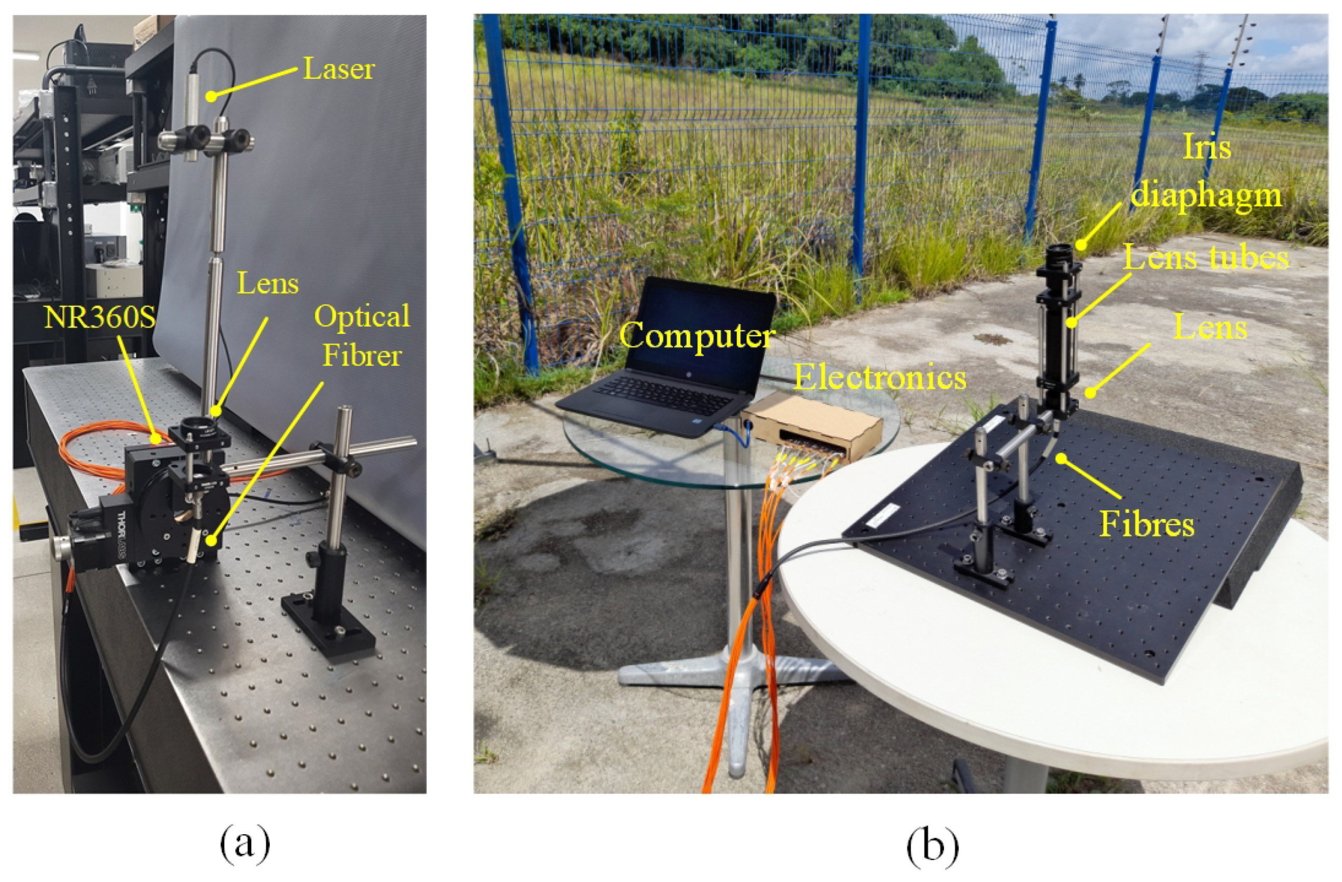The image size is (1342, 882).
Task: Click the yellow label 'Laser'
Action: pyautogui.click(x=338, y=70)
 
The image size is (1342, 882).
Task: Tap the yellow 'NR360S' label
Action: pyautogui.click(x=100, y=318)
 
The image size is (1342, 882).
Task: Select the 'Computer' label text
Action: pyautogui.click(x=697, y=335)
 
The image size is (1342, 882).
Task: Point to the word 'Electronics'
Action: pyautogui.click(x=880, y=377)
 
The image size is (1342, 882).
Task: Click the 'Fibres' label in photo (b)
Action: pyautogui.click(x=1147, y=524)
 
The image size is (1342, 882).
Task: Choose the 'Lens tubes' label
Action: pyautogui.click(x=1206, y=257)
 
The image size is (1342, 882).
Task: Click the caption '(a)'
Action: pyautogui.click(x=245, y=844)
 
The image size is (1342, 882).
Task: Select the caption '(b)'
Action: pyautogui.click(x=933, y=844)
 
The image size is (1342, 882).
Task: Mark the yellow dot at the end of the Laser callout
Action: pyautogui.click(x=210, y=97)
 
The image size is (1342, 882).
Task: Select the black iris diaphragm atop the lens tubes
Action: pyautogui.click(x=1061, y=256)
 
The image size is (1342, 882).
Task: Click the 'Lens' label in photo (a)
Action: pyautogui.click(x=267, y=283)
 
